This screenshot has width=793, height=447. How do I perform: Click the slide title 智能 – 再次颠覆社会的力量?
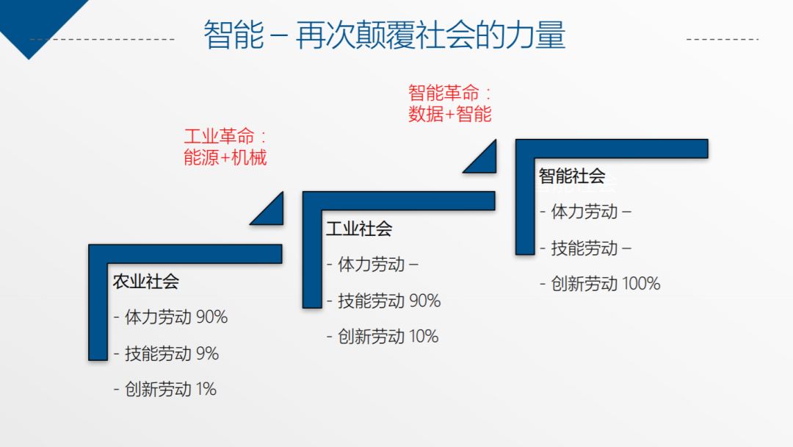point(384,35)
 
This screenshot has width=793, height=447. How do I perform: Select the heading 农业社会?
point(145,282)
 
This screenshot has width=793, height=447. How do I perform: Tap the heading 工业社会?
point(359,229)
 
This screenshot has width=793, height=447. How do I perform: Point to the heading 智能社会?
point(572,176)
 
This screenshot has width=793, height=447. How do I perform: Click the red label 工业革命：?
point(225,136)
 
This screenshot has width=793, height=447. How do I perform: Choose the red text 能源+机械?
point(225,157)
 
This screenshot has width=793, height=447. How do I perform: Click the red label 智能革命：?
point(449,93)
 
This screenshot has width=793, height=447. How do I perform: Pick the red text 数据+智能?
point(449,114)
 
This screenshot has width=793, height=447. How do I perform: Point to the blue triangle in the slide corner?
point(35,21)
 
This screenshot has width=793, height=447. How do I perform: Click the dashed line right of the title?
point(723,39)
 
